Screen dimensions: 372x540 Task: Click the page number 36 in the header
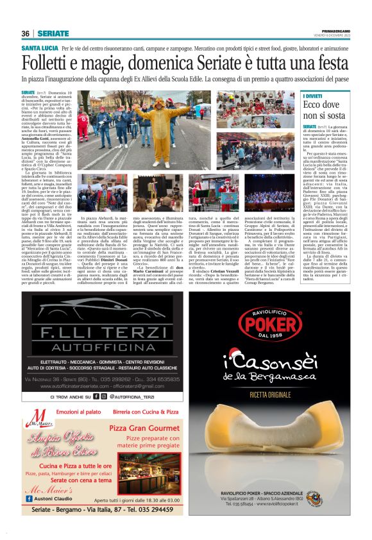pyautogui.click(x=26, y=33)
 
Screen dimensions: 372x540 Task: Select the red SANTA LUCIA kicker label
pyautogui.click(x=40, y=49)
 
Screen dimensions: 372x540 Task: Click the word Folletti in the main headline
pyautogui.click(x=55, y=64)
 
